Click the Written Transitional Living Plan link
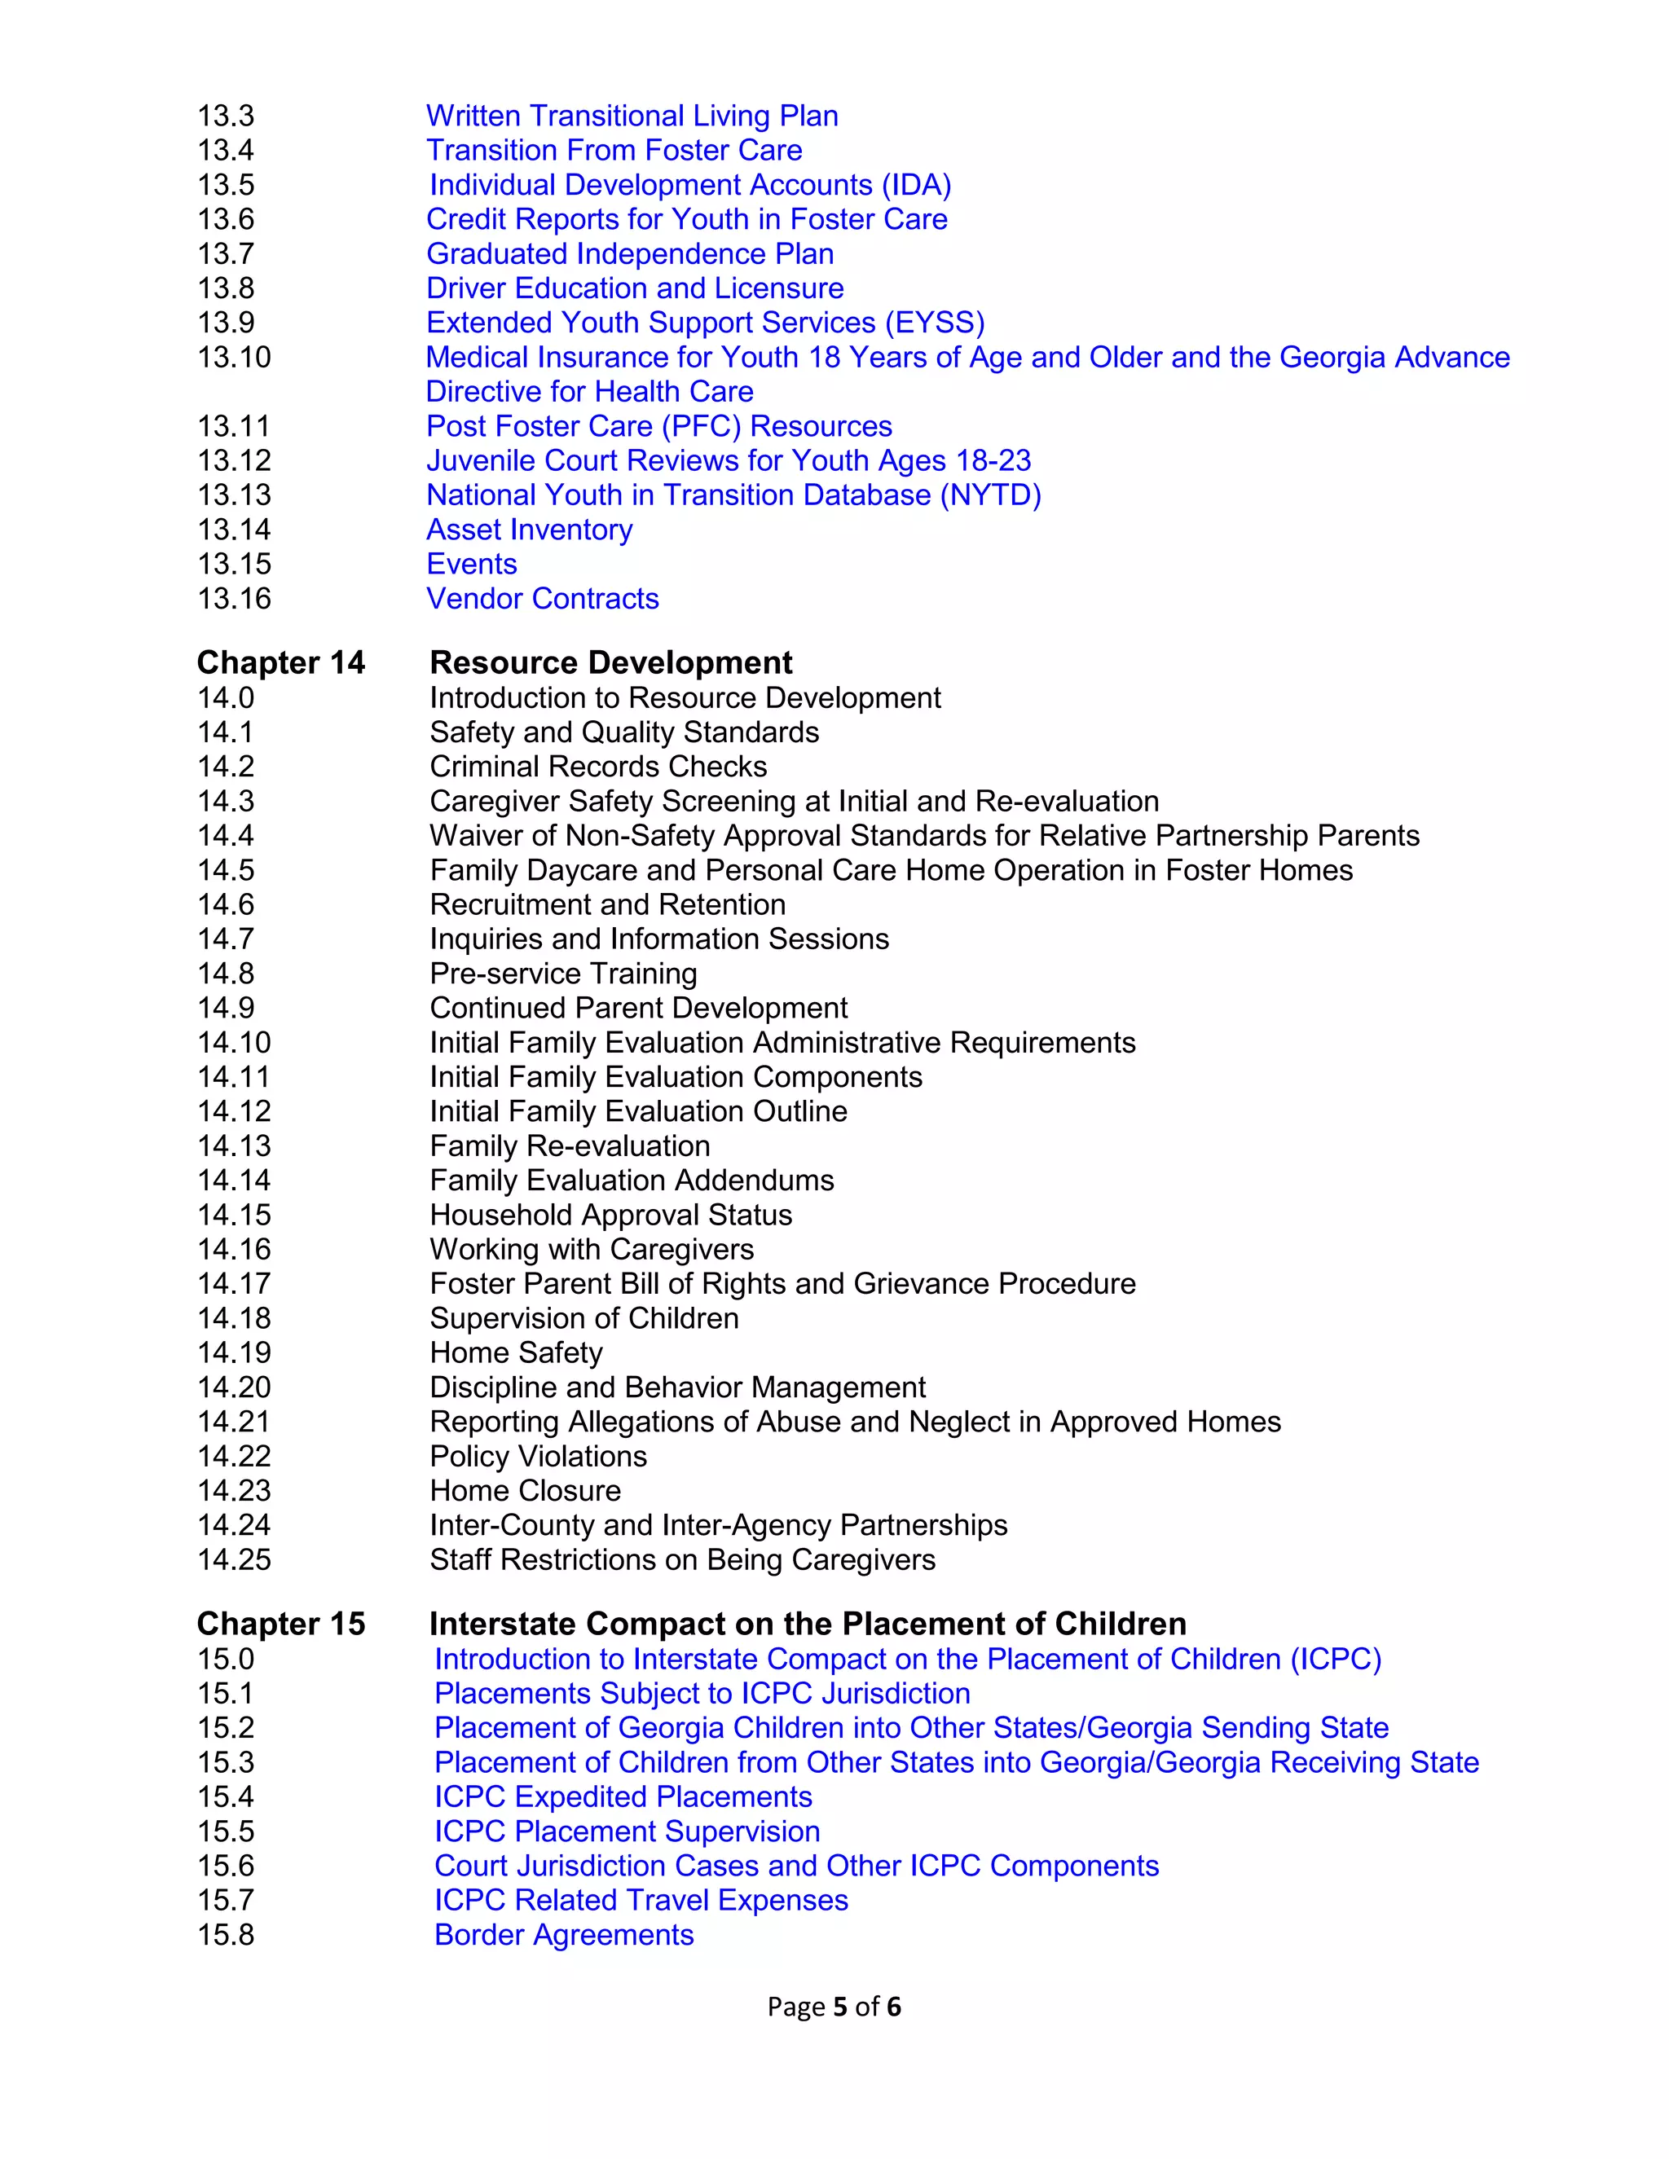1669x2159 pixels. [632, 116]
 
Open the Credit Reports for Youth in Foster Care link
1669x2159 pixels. [686, 218]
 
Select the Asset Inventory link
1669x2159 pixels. [529, 529]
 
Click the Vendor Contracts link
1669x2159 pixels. [542, 598]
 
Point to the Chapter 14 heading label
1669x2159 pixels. [281, 662]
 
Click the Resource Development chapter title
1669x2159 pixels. [611, 662]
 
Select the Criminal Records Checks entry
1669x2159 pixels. [598, 766]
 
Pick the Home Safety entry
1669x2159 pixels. [516, 1352]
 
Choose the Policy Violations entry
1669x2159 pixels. [538, 1456]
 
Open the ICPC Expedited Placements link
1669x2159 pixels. [623, 1796]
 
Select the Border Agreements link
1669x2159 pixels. [564, 1935]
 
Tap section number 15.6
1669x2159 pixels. [226, 1866]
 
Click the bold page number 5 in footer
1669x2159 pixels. [840, 2007]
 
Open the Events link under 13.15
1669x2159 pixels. [472, 564]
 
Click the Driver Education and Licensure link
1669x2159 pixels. [635, 288]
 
